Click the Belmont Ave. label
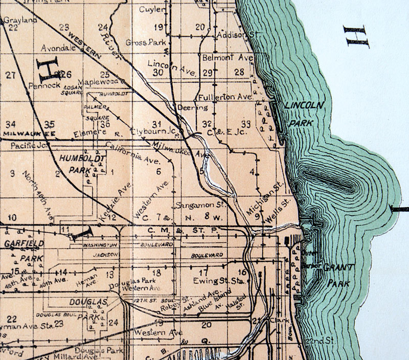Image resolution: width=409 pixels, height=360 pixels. click(x=228, y=58)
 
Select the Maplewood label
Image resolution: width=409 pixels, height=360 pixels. click(x=99, y=82)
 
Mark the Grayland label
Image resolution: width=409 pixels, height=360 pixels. click(x=13, y=21)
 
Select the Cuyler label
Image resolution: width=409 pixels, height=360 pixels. click(x=152, y=10)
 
